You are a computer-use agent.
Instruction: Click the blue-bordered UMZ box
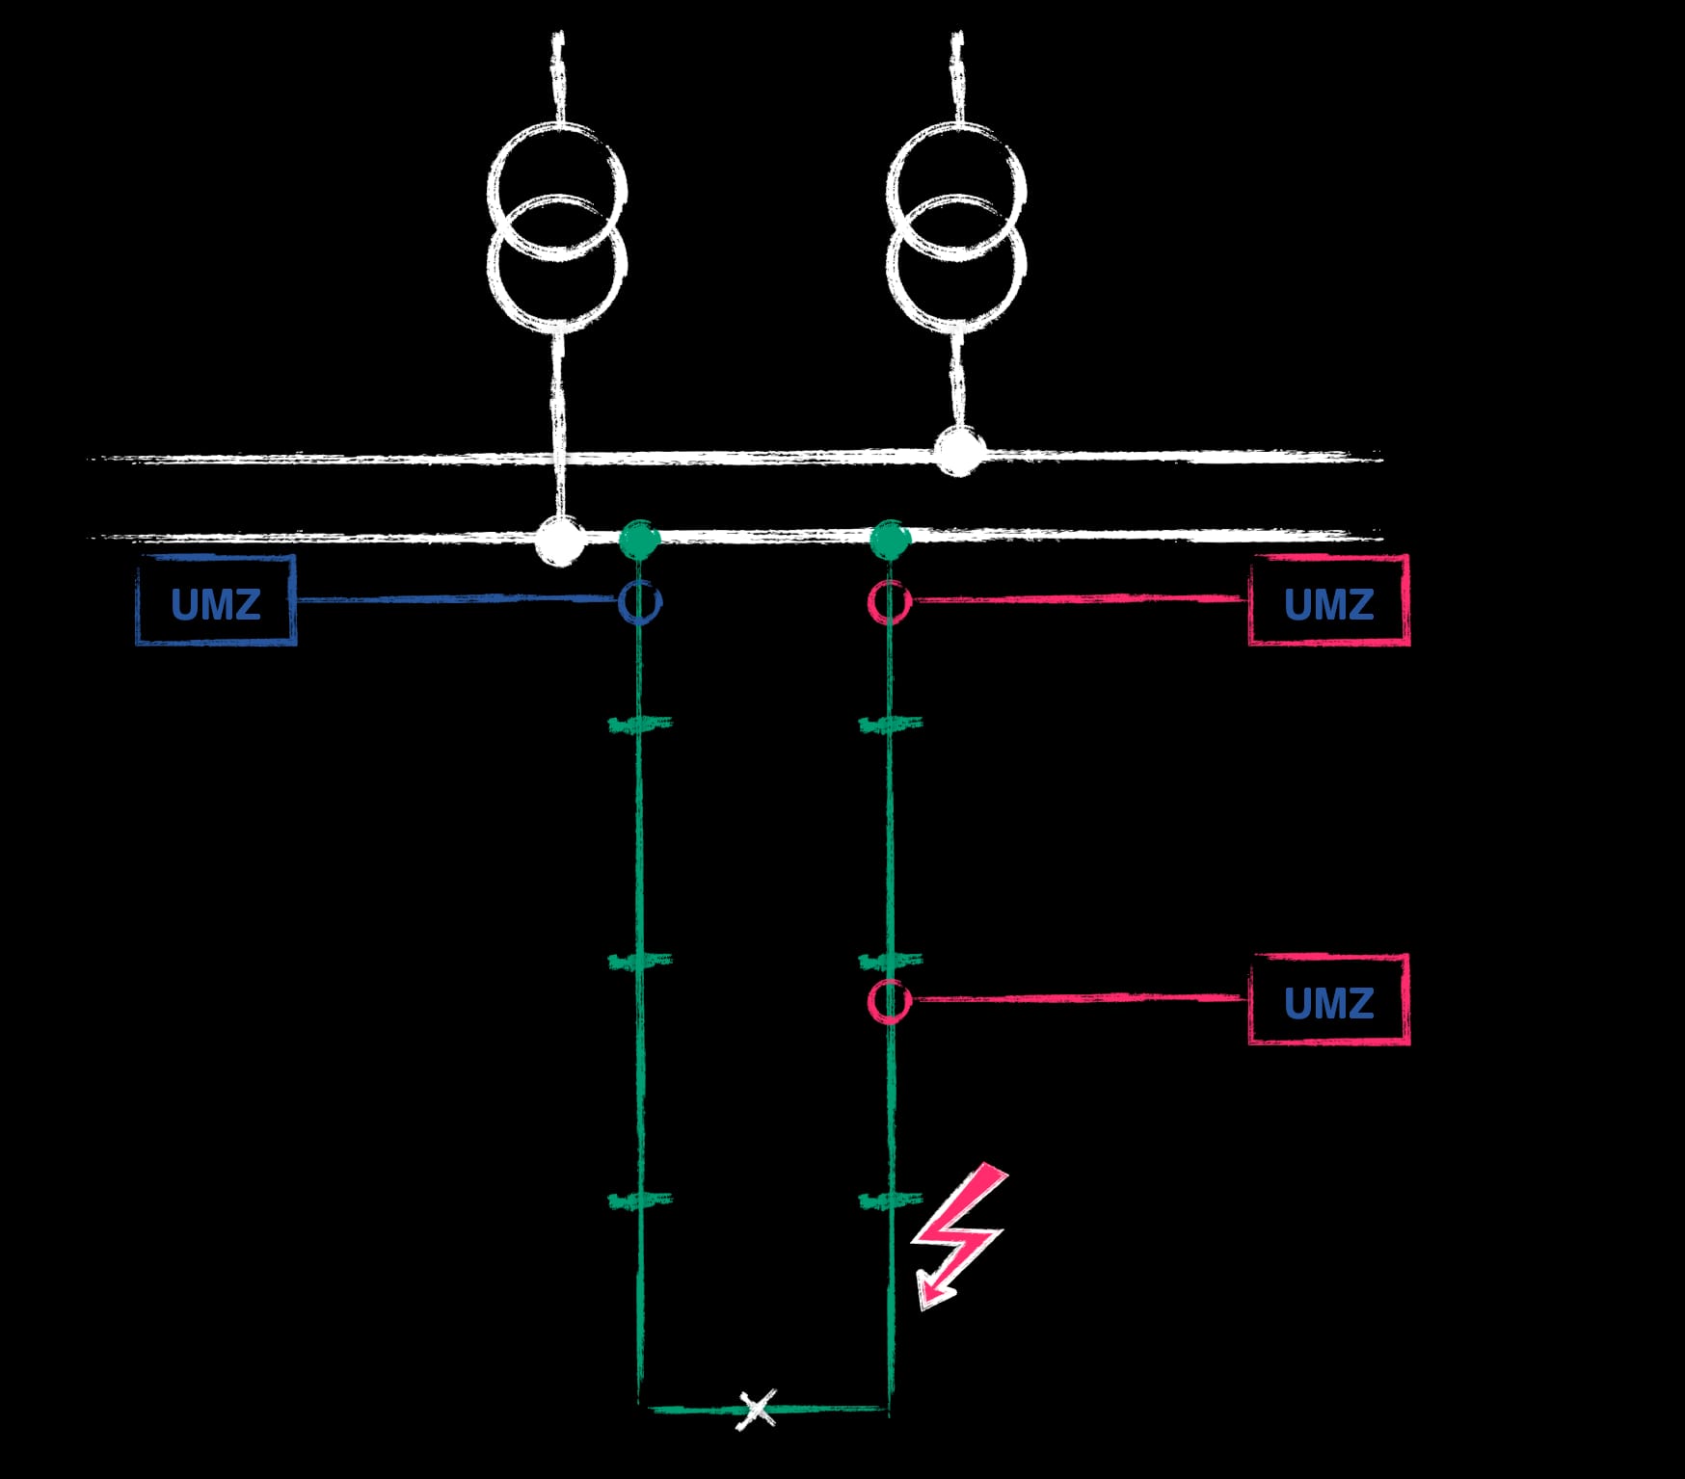click(x=216, y=601)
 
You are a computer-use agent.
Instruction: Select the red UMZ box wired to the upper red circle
click(x=1328, y=601)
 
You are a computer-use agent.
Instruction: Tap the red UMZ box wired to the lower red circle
click(x=1328, y=1000)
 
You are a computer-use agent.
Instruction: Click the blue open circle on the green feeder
click(x=639, y=602)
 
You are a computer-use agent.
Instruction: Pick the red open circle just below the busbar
click(x=889, y=602)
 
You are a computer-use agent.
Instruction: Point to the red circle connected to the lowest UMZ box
click(x=889, y=1001)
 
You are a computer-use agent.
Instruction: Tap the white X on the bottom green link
click(x=758, y=1410)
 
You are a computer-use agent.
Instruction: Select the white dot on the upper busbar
click(x=958, y=452)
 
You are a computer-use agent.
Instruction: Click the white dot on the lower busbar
click(x=559, y=541)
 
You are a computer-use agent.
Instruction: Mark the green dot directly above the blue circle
click(x=638, y=541)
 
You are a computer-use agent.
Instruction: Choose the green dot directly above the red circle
click(x=889, y=541)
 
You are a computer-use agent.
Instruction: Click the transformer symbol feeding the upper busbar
click(x=956, y=227)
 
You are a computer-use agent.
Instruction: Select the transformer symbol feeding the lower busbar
click(x=557, y=227)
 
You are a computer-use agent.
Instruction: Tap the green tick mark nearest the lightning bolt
click(x=889, y=1201)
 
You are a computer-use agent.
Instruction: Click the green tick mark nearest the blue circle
click(x=639, y=723)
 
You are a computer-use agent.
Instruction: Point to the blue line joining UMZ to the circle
click(x=453, y=599)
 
